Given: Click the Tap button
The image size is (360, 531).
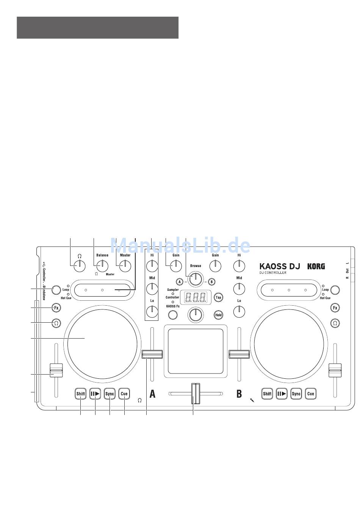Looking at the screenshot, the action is pos(218,297).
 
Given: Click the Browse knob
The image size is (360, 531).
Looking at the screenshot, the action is pos(196,279).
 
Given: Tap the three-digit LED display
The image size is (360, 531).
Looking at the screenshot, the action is pos(195,297).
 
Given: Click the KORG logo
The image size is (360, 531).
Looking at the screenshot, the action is pos(316,266).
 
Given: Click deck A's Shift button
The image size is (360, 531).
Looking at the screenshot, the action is pos(81,394).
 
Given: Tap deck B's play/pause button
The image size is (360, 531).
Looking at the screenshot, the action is pos(282,394).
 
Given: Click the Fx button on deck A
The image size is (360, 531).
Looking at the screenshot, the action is pos(56,308).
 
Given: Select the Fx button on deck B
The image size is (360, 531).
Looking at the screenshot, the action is pos(335,308).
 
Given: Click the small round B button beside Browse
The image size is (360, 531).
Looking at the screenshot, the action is pos(212,282).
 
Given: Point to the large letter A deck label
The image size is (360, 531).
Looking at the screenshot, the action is pos(152,394).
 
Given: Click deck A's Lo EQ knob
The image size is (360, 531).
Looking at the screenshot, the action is pos(152,311).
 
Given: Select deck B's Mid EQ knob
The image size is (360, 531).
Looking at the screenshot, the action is pos(239,289).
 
